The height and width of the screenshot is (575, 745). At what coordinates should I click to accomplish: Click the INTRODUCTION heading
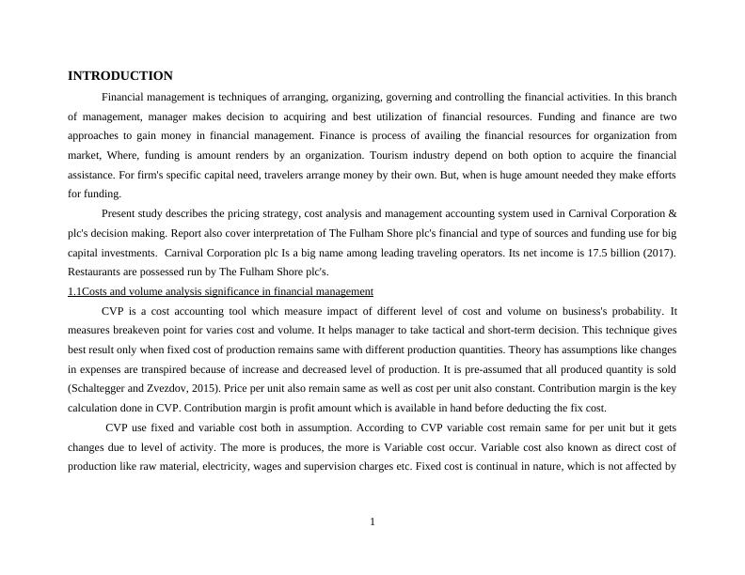point(120,76)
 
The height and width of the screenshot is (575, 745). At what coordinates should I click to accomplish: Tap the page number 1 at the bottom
point(372,521)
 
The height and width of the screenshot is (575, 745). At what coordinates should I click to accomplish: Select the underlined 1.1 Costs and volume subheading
point(220,291)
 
